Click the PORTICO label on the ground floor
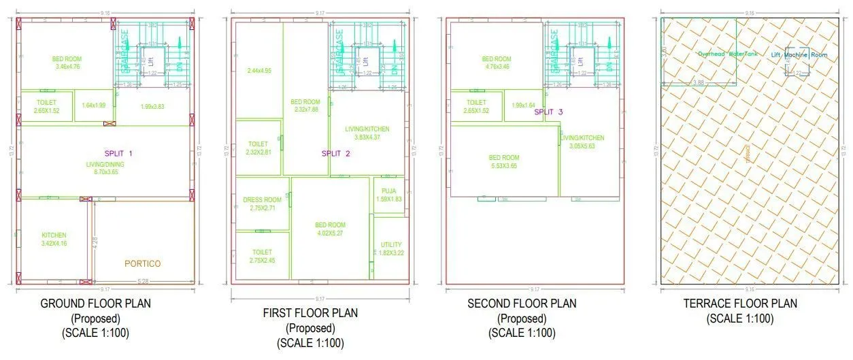point(143,263)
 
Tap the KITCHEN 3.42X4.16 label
point(54,239)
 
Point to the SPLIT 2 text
point(336,154)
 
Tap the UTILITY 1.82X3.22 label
point(390,248)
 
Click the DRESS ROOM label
point(262,203)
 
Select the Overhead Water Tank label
point(726,54)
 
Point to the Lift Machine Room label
point(799,54)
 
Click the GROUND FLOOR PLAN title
point(96,303)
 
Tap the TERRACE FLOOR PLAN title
point(739,304)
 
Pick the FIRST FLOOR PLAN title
point(310,313)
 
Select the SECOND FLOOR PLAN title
point(521,303)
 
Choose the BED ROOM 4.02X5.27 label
point(330,229)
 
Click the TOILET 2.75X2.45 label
point(261,256)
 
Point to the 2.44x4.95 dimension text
point(259,70)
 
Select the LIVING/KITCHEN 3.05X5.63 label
point(582,142)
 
